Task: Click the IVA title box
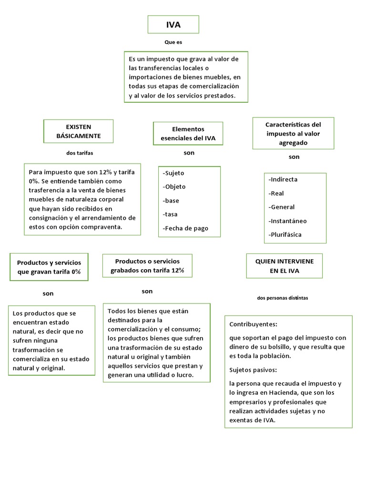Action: click(173, 25)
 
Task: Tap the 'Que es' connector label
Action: click(173, 42)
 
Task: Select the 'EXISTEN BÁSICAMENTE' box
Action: click(79, 131)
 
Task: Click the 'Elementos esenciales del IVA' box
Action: click(188, 134)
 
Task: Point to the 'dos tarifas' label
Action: click(80, 153)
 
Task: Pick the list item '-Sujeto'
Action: click(173, 173)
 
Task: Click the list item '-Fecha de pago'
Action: click(185, 228)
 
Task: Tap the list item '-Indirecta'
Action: click(283, 179)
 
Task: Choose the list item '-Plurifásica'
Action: click(285, 234)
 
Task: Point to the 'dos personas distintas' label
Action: click(282, 298)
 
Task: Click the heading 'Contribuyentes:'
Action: click(254, 324)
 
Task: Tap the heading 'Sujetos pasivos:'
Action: click(253, 370)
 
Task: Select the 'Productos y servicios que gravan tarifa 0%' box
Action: click(49, 267)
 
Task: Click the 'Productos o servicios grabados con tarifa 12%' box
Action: click(147, 266)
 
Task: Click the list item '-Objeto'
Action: click(174, 187)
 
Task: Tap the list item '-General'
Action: click(282, 207)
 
